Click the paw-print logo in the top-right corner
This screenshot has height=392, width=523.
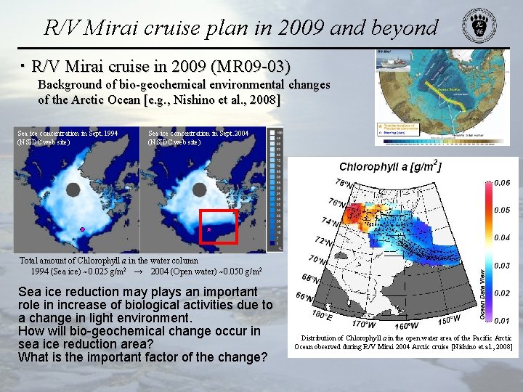480,28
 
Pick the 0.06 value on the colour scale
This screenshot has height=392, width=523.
502,182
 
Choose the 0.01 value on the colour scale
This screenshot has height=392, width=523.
502,320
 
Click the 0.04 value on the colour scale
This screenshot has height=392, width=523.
502,237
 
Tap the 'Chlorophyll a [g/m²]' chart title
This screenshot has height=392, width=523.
390,167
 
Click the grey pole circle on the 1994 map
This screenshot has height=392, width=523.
73,190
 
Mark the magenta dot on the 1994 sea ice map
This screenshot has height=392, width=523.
83,229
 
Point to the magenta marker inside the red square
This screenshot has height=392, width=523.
208,229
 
